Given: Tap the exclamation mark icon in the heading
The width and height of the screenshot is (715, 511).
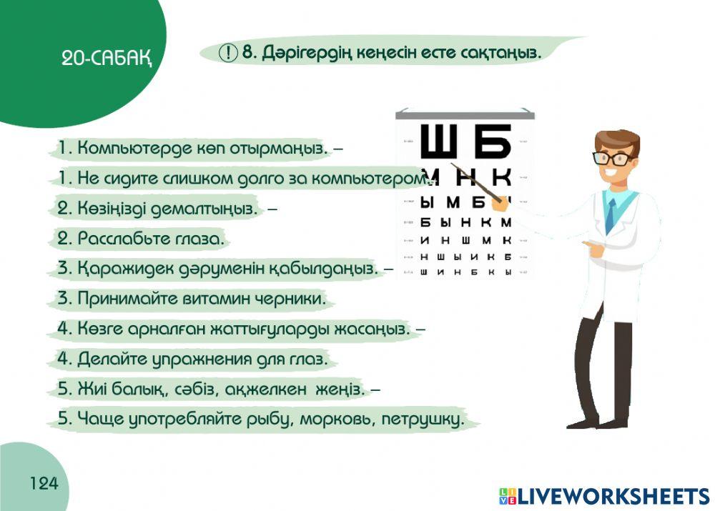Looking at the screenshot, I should coord(228,52).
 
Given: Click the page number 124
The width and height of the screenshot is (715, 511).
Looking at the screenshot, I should coord(44,484).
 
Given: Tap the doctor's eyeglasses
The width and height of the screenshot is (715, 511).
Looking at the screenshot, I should coord(613,158).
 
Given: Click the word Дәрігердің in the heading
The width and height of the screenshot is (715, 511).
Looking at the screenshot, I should coord(301,52).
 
